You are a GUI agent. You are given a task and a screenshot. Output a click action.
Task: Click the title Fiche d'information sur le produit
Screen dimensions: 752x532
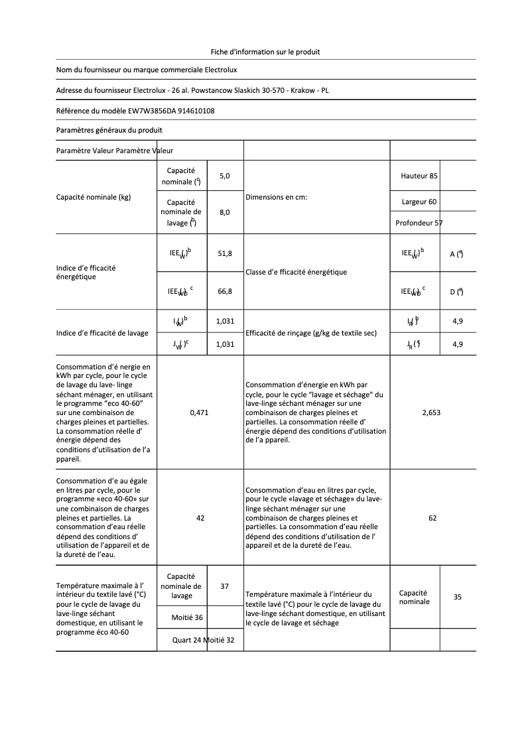pos(265,51)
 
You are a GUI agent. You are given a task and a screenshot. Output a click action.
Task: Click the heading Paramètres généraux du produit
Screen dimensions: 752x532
pos(109,130)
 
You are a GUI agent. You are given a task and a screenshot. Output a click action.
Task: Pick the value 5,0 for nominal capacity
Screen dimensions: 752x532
pos(224,176)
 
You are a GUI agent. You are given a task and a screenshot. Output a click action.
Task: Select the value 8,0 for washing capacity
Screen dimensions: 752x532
pos(224,212)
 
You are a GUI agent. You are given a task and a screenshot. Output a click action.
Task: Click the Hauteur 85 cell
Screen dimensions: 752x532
pos(419,176)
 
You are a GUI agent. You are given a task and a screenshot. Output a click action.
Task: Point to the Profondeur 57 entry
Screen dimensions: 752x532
pos(419,223)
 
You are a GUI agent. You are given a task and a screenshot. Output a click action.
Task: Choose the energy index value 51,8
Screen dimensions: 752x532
pos(225,253)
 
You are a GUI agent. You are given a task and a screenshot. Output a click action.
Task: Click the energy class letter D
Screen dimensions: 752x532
pos(452,291)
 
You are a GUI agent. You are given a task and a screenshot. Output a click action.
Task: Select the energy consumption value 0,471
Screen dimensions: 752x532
pos(199,412)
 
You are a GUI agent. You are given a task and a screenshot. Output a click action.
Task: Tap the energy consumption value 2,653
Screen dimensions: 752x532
pos(431,412)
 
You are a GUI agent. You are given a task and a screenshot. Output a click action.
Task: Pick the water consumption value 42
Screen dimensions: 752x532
pos(200,518)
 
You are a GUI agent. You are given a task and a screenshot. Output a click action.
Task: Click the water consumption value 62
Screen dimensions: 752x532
pos(432,518)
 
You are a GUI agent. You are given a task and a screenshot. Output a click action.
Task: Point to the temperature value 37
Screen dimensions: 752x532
pos(224,586)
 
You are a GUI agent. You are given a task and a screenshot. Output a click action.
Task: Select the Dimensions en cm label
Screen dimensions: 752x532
pos(276,197)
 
